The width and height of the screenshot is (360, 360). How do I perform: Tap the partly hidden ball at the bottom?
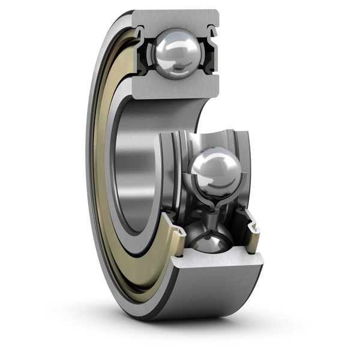click(208, 244)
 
